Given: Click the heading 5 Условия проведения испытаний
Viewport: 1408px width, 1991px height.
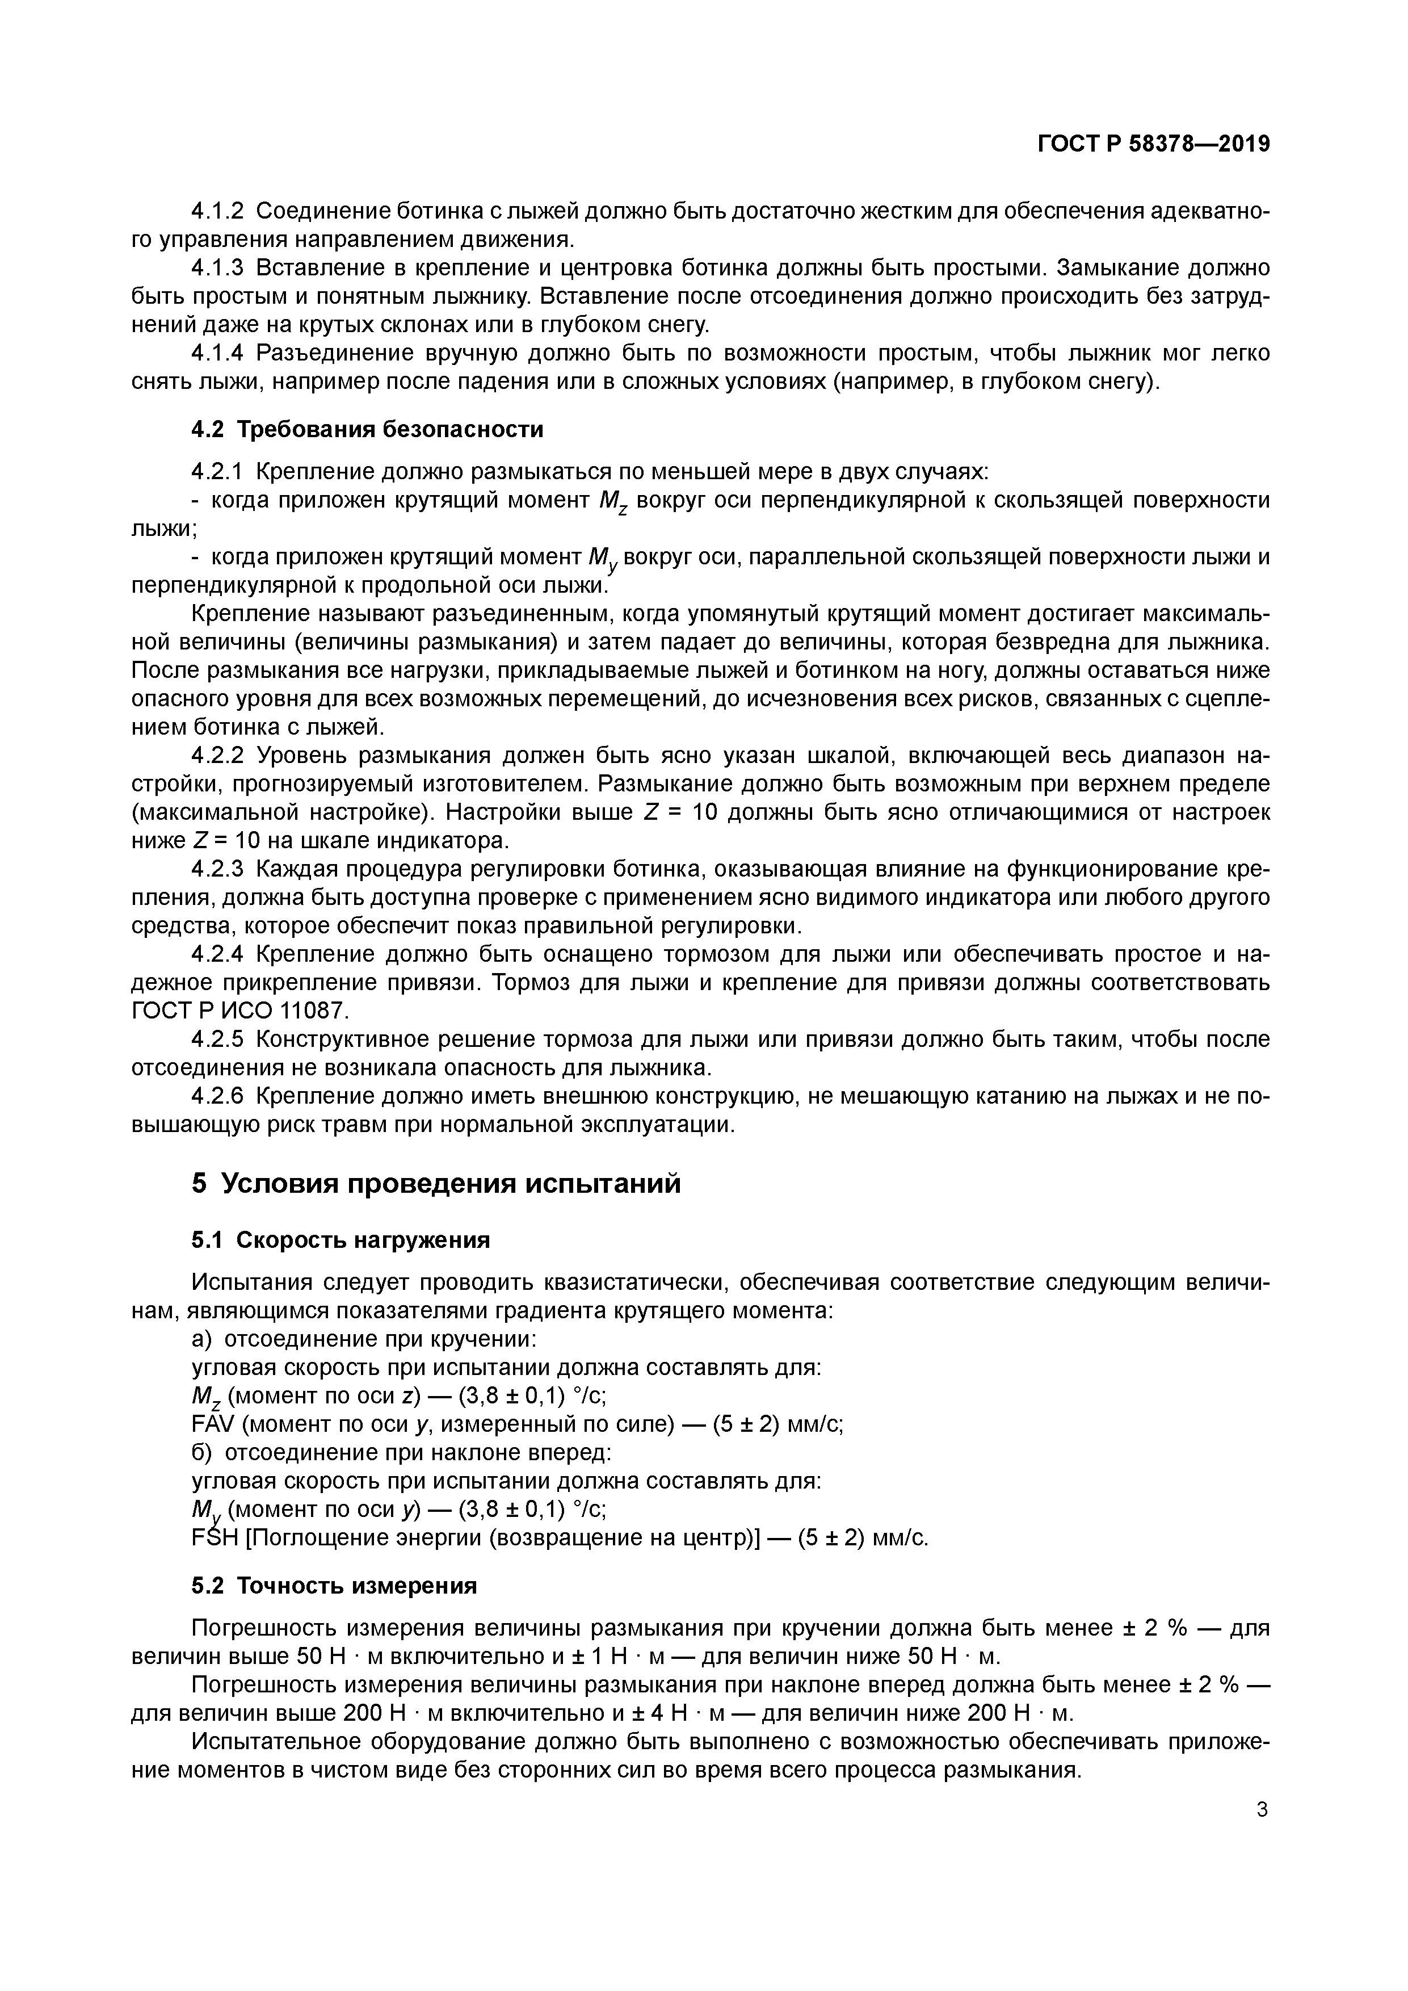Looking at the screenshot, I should click(436, 1184).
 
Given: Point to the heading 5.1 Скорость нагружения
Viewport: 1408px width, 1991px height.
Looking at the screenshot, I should click(340, 1241).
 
